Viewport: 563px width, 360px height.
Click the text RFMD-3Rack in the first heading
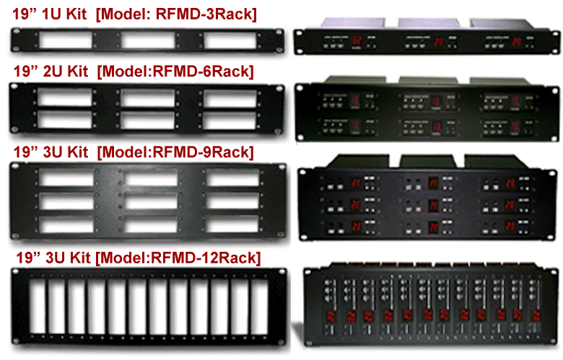tap(217, 14)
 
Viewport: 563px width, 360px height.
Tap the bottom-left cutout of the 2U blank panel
tap(63, 119)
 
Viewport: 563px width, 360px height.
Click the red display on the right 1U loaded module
tap(516, 41)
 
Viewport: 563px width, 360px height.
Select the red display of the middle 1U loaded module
tap(438, 42)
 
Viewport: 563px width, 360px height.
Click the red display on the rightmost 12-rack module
tap(535, 315)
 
